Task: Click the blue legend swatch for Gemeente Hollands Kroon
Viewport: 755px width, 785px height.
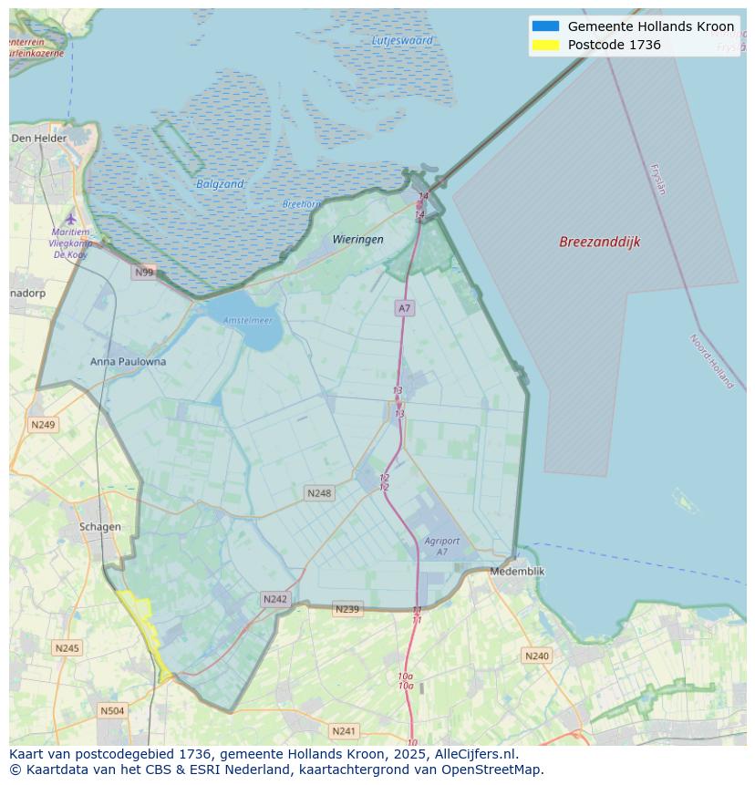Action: point(545,26)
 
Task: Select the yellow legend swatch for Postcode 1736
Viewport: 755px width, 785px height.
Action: point(545,45)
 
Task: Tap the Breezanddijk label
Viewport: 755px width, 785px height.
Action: point(599,242)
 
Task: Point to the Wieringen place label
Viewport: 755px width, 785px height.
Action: point(357,239)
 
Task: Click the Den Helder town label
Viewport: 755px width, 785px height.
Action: point(39,138)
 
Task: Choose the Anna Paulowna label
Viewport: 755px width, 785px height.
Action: point(128,361)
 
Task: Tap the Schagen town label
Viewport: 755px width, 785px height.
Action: point(99,526)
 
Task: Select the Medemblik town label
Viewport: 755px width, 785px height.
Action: point(517,571)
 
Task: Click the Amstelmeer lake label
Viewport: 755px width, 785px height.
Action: point(248,320)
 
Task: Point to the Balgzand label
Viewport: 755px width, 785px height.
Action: point(220,184)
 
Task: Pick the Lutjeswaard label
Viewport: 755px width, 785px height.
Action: point(402,40)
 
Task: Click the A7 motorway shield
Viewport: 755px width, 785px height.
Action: point(404,308)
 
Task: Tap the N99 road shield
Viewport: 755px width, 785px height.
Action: point(144,272)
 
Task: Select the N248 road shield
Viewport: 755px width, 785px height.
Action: point(318,493)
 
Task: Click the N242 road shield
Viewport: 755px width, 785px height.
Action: point(274,599)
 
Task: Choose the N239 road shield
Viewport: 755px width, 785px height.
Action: point(346,609)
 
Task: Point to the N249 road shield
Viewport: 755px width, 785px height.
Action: point(43,424)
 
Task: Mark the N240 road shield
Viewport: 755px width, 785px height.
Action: point(536,656)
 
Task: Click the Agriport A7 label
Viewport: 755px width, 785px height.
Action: point(441,546)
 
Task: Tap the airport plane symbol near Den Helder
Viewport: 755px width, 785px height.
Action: point(70,218)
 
